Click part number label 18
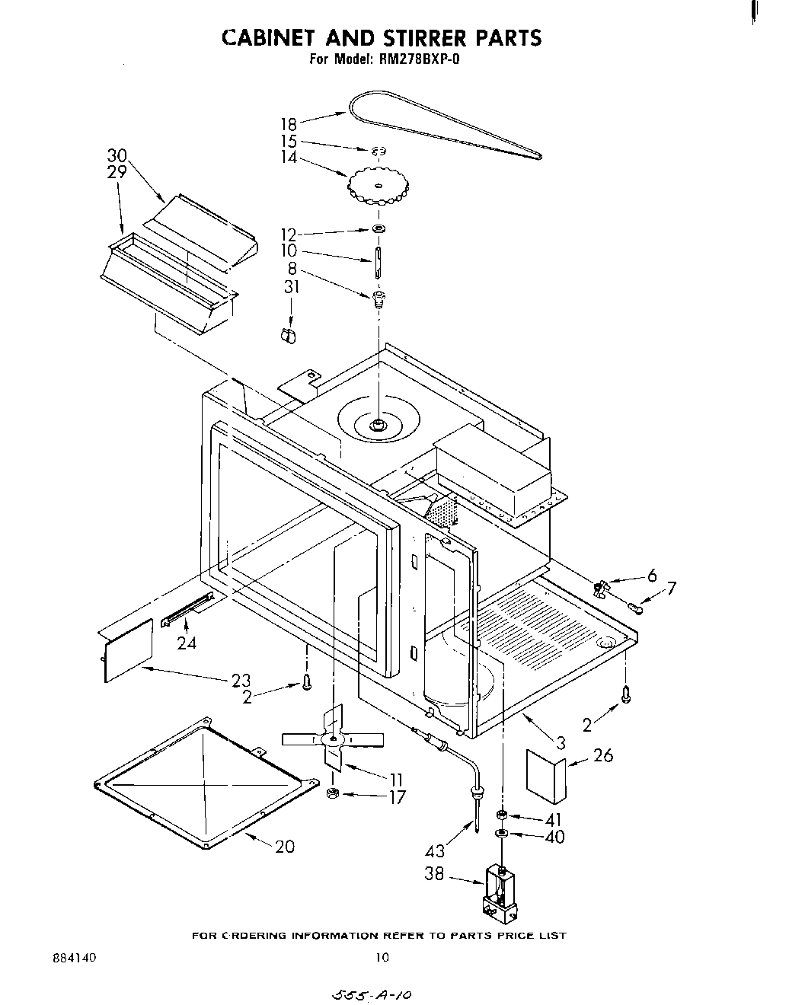point(288,123)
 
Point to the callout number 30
point(117,156)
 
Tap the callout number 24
point(186,643)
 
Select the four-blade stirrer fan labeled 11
point(333,739)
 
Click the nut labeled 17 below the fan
point(332,794)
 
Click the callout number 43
point(434,850)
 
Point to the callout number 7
point(670,588)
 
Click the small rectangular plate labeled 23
point(128,649)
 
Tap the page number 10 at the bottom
point(382,957)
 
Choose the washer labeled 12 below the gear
point(378,229)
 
